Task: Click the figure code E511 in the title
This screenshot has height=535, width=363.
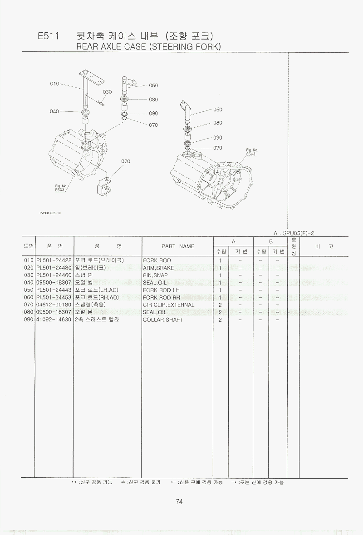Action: (x=49, y=36)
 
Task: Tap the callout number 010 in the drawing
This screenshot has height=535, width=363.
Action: (x=54, y=84)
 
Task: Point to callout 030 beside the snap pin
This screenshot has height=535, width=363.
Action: (x=107, y=92)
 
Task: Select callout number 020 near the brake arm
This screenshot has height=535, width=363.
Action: (x=126, y=161)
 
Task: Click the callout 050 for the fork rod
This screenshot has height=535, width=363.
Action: (x=218, y=110)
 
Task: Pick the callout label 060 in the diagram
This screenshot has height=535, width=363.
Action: (x=153, y=85)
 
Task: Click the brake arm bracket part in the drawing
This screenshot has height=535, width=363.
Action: (x=105, y=186)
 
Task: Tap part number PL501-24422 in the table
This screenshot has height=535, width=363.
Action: (x=54, y=260)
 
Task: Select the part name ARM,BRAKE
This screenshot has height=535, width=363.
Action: (x=158, y=268)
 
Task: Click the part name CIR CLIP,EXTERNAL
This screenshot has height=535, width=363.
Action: (x=168, y=305)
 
